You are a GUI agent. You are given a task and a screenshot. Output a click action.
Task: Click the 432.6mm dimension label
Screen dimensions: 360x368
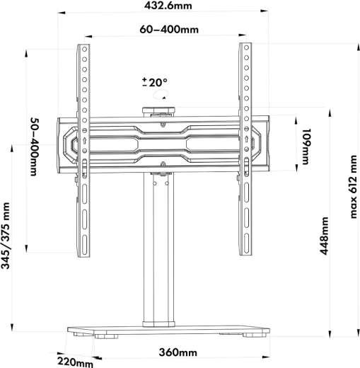pos(168,6)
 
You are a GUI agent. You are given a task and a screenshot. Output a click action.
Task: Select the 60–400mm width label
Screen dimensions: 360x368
pos(169,30)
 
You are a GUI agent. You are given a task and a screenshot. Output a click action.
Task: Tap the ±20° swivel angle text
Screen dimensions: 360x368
pos(155,82)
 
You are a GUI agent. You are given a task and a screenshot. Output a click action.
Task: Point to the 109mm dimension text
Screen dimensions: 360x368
pos(306,146)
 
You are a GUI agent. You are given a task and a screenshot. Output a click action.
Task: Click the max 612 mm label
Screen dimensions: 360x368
pos(353,187)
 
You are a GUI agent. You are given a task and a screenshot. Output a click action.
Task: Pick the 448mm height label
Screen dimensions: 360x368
pos(324,236)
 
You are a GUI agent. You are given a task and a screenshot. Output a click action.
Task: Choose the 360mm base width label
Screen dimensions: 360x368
pos(178,352)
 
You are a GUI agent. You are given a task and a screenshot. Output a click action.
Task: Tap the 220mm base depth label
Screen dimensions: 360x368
pos(75,362)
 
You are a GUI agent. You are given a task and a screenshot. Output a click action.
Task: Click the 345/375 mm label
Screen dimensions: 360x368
pos(6,236)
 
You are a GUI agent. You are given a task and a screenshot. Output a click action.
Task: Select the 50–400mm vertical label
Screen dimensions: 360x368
pos(33,147)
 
